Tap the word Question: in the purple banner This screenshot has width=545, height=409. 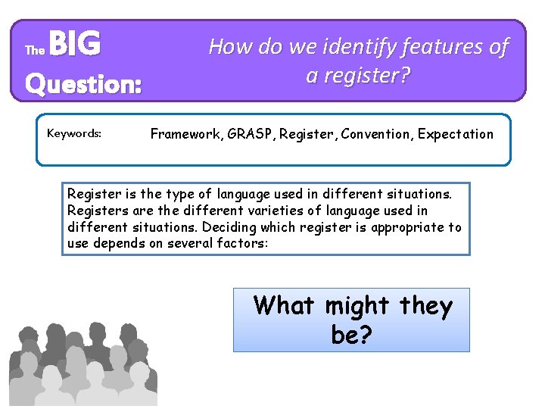83,83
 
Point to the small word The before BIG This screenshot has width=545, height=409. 35,51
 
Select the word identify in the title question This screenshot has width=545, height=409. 354,47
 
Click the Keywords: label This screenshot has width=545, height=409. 74,134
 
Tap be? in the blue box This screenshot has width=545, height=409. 351,334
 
